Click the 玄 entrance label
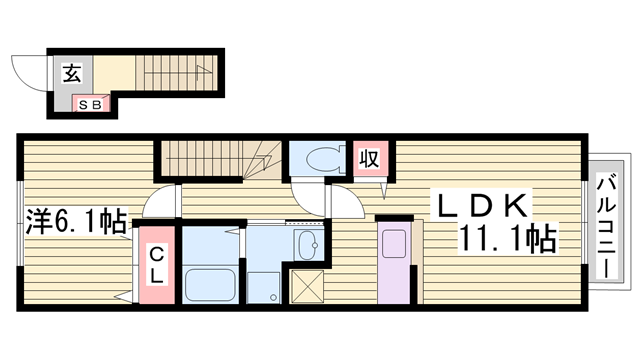pyautogui.click(x=72, y=72)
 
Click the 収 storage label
pyautogui.click(x=368, y=158)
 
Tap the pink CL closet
pyautogui.click(x=158, y=268)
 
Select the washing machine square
pyautogui.click(x=263, y=286)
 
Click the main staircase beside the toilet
pyautogui.click(x=220, y=157)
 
